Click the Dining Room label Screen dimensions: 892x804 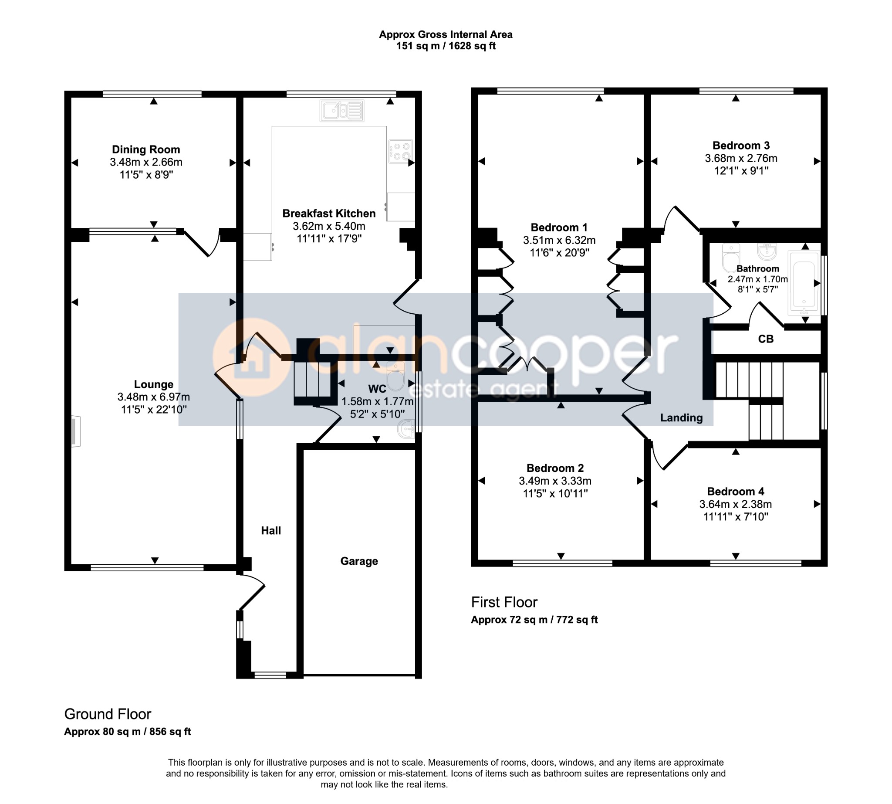click(146, 149)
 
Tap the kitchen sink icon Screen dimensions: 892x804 click(342, 110)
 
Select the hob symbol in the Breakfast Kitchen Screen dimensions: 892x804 click(401, 151)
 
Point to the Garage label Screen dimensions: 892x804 click(359, 561)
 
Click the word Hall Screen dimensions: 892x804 click(270, 530)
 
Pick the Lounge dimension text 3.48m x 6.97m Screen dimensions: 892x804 click(154, 397)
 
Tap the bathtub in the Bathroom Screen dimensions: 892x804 click(804, 283)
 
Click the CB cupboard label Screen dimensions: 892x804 click(766, 339)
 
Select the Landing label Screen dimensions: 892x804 click(681, 418)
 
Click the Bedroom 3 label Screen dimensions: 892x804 click(741, 146)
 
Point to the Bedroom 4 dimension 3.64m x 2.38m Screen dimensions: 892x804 click(735, 504)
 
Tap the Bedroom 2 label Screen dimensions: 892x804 click(555, 468)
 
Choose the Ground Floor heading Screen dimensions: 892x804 click(108, 714)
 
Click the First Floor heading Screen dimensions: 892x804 click(504, 602)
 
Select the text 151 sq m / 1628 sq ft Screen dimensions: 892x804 click(446, 46)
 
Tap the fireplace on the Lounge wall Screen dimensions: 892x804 click(76, 431)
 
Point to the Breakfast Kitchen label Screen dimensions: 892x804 click(329, 214)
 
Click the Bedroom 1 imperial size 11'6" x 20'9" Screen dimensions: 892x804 click(560, 253)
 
